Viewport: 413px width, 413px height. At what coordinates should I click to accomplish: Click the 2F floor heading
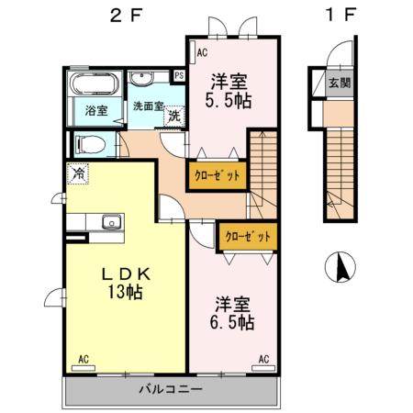125,15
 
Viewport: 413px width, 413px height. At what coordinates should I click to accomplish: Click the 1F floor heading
338,15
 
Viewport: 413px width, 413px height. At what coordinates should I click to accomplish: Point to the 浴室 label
96,110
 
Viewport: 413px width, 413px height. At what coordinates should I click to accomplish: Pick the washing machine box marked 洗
173,117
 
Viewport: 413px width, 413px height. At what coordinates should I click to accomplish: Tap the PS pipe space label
179,75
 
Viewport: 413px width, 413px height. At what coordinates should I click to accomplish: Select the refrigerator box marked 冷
79,172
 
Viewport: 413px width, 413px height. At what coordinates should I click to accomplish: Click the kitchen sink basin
112,221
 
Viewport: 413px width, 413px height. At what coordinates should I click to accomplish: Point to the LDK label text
125,273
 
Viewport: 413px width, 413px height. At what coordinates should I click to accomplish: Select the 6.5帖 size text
235,323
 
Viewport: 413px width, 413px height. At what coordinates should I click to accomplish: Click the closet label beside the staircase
218,175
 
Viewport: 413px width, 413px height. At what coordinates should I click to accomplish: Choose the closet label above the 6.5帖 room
249,236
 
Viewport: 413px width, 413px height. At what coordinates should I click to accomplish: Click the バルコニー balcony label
171,389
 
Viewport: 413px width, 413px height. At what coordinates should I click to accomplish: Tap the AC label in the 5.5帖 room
202,53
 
